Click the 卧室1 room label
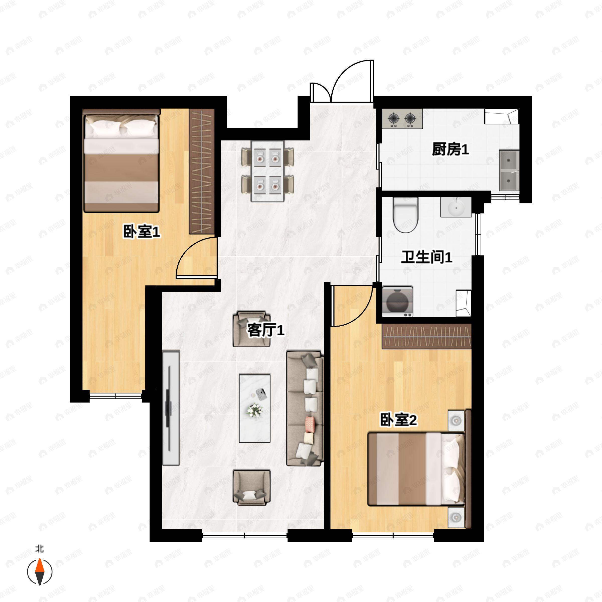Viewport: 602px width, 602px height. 142,232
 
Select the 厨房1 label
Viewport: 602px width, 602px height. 450,149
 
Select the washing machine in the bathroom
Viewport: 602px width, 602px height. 398,302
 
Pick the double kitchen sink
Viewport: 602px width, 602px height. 509,171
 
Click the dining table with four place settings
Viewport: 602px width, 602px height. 268,171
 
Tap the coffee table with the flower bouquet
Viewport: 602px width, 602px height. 255,408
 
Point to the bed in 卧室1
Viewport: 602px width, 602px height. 121,161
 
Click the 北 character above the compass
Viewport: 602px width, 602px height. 40,548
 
